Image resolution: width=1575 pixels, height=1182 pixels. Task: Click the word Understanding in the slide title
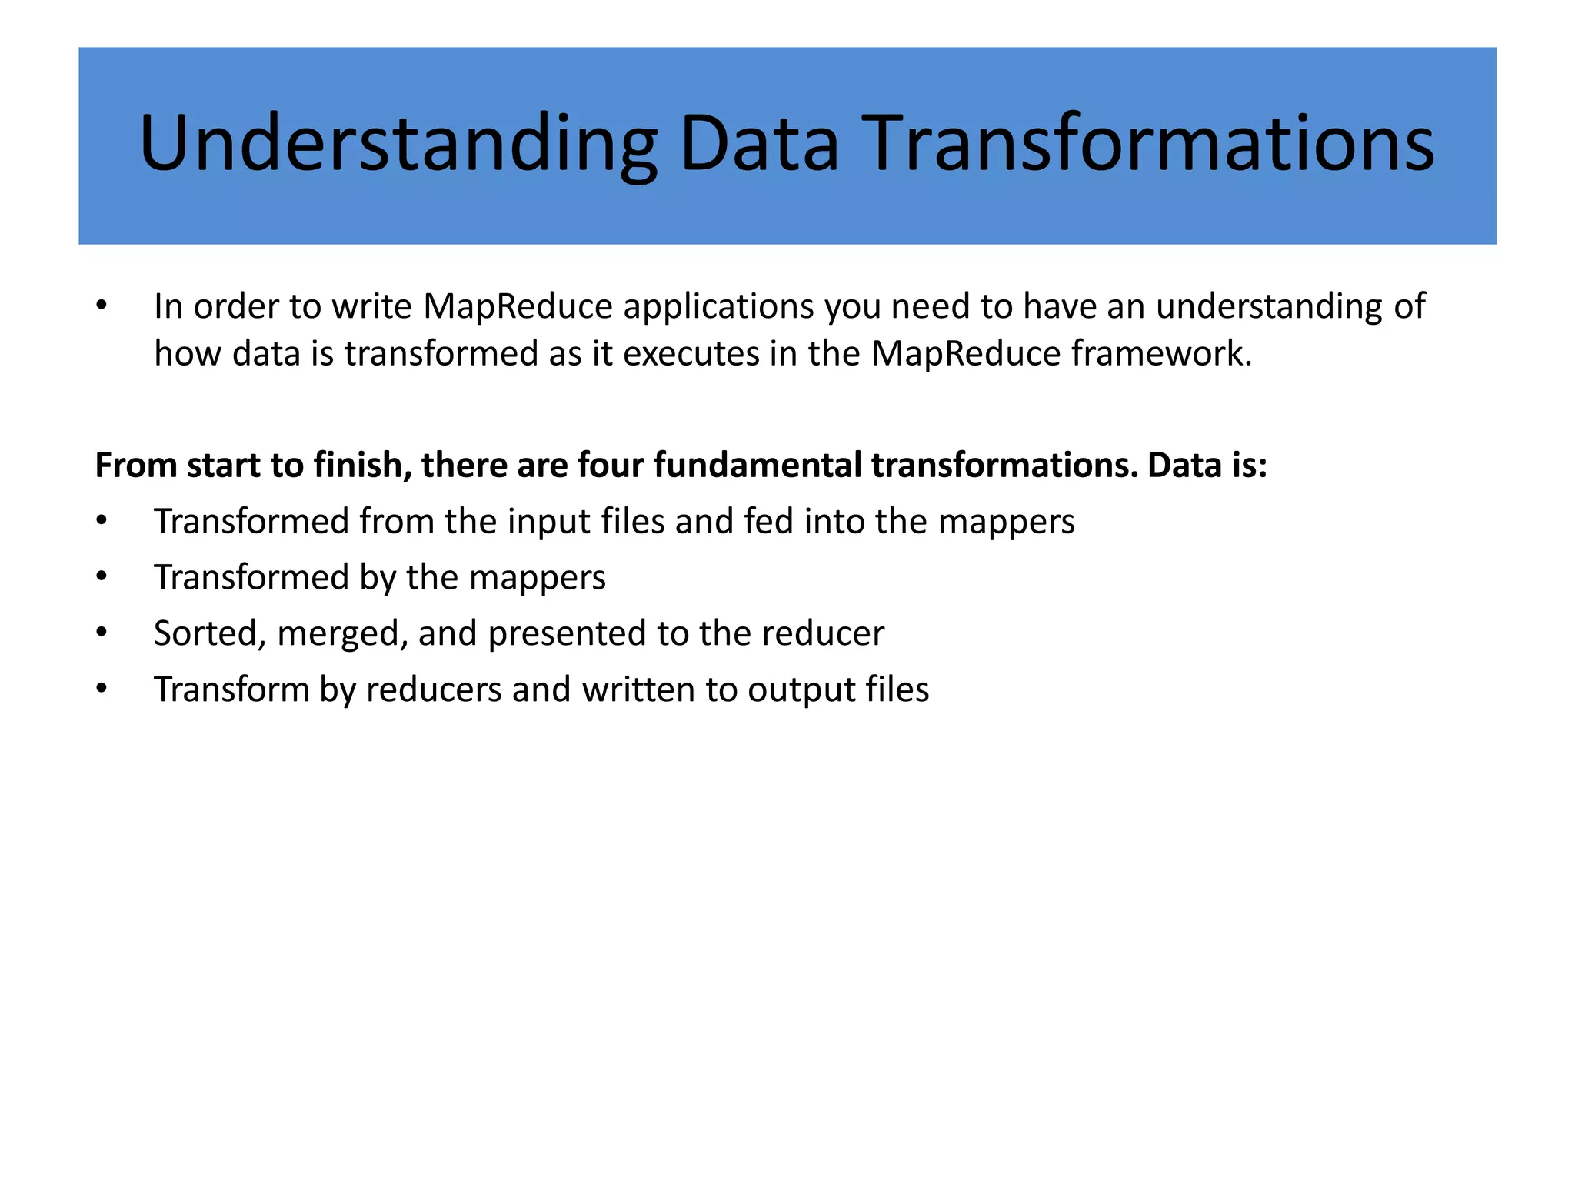(x=398, y=144)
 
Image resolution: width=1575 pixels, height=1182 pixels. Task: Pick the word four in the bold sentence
(x=611, y=466)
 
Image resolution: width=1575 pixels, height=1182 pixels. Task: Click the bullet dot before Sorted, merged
(x=102, y=633)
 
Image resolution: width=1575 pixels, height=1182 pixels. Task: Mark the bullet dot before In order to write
(x=102, y=306)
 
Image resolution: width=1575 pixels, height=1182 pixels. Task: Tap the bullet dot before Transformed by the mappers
(x=102, y=577)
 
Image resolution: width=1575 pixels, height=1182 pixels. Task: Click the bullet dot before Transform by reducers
(x=102, y=689)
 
